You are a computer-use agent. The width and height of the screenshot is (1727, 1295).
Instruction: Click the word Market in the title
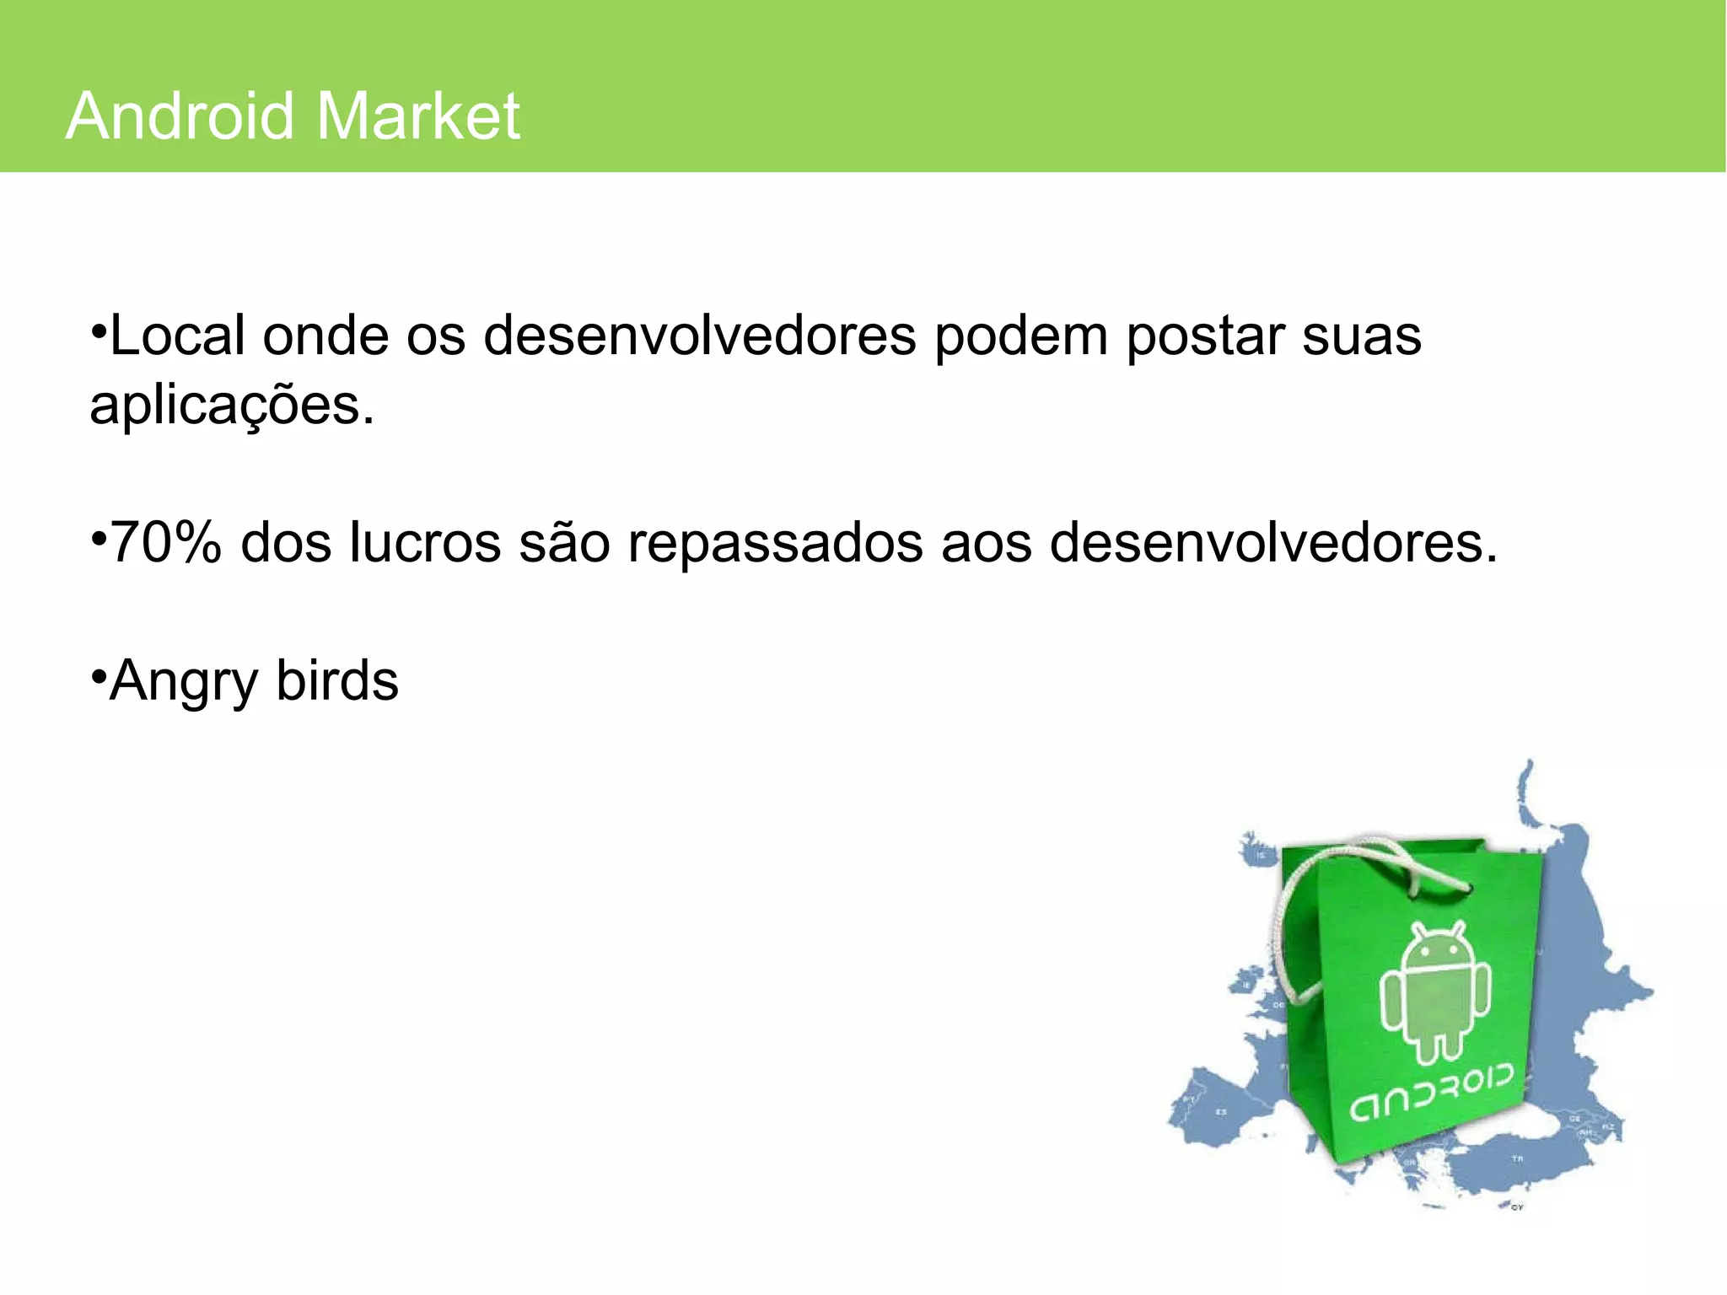coord(419,116)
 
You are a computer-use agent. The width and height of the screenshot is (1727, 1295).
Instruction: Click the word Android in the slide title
coord(179,116)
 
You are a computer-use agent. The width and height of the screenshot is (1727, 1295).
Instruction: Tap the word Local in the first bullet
coord(177,336)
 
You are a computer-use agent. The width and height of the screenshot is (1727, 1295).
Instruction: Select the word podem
coord(1021,336)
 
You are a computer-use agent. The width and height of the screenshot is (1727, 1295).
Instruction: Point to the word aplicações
coord(229,406)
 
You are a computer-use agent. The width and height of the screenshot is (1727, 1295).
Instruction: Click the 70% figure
coord(165,542)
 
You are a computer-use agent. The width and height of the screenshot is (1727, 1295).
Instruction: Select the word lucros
coord(425,542)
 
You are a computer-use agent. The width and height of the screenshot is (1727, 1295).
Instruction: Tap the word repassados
coord(775,542)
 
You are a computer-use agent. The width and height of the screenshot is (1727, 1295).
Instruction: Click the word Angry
coord(183,681)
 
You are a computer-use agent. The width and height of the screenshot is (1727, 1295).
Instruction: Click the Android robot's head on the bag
coord(1436,947)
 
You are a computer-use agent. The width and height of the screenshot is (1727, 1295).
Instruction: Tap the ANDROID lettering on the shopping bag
coord(1431,1093)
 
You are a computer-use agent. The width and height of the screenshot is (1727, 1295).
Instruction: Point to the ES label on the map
coord(1221,1112)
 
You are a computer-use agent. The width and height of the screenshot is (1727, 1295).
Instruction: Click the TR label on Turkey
coord(1518,1158)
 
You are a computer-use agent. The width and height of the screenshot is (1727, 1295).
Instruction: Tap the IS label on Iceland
coord(1262,855)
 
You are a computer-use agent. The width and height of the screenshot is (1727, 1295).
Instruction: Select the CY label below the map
coord(1517,1208)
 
